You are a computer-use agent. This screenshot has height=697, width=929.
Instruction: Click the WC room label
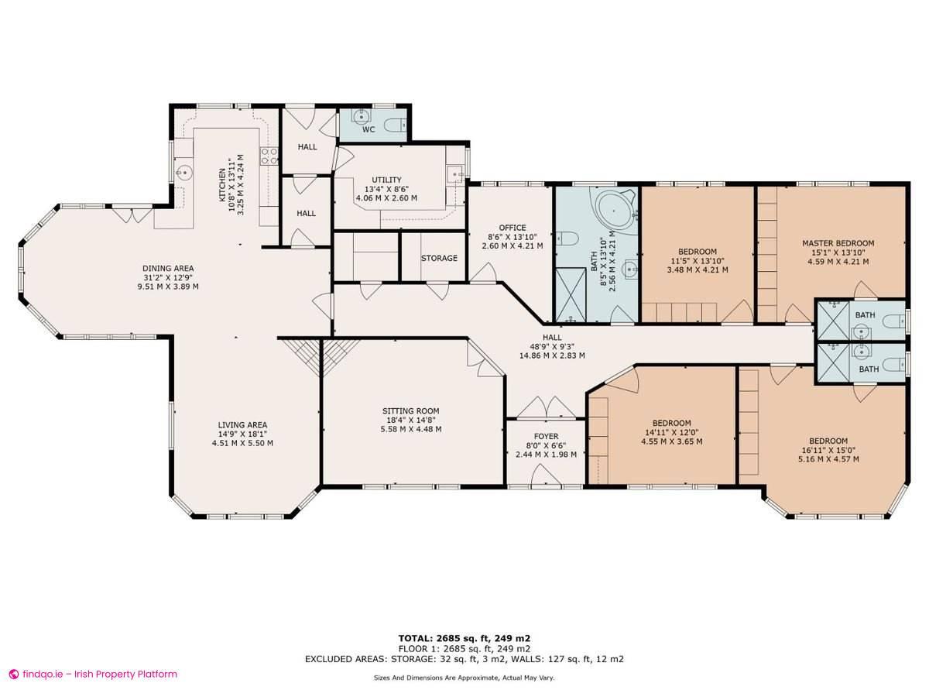tap(369, 129)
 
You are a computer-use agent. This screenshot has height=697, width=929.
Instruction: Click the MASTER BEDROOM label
tap(838, 243)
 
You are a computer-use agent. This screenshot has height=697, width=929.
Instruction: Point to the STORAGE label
tap(439, 258)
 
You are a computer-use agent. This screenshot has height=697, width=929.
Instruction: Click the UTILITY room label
tap(386, 180)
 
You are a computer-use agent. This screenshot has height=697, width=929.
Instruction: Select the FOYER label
tap(546, 436)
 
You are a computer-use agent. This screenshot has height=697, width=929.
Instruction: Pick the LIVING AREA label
tap(242, 425)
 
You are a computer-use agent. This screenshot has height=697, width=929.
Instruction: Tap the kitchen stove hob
tap(268, 156)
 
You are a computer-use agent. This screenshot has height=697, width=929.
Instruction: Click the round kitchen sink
tap(184, 173)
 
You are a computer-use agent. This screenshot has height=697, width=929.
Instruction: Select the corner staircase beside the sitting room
tap(317, 355)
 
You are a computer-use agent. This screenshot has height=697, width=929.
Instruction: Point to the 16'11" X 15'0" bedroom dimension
tap(828, 450)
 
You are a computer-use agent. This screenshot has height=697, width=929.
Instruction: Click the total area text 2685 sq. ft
tap(464, 638)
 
